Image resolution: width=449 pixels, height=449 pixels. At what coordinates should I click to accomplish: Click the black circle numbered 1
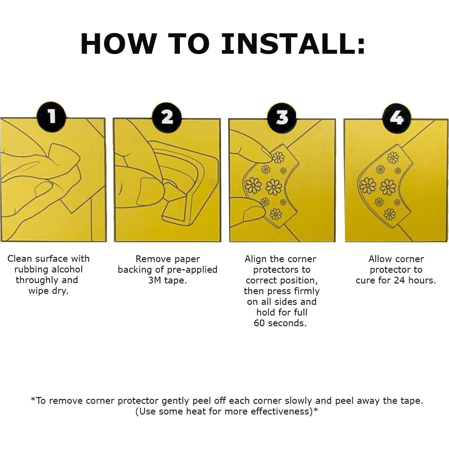tap(52, 116)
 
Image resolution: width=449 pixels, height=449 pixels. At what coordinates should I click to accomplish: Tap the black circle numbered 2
tap(167, 117)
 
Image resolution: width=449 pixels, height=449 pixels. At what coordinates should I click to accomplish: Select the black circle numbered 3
tap(282, 117)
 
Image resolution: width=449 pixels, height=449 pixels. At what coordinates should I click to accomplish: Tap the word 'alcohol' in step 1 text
tap(67, 270)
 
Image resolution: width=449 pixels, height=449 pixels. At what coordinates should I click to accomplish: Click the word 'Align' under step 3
tap(255, 259)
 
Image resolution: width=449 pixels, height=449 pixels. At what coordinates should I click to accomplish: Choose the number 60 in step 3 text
tap(259, 323)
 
